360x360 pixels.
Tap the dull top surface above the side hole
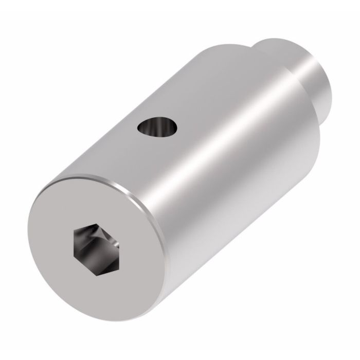170,87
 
